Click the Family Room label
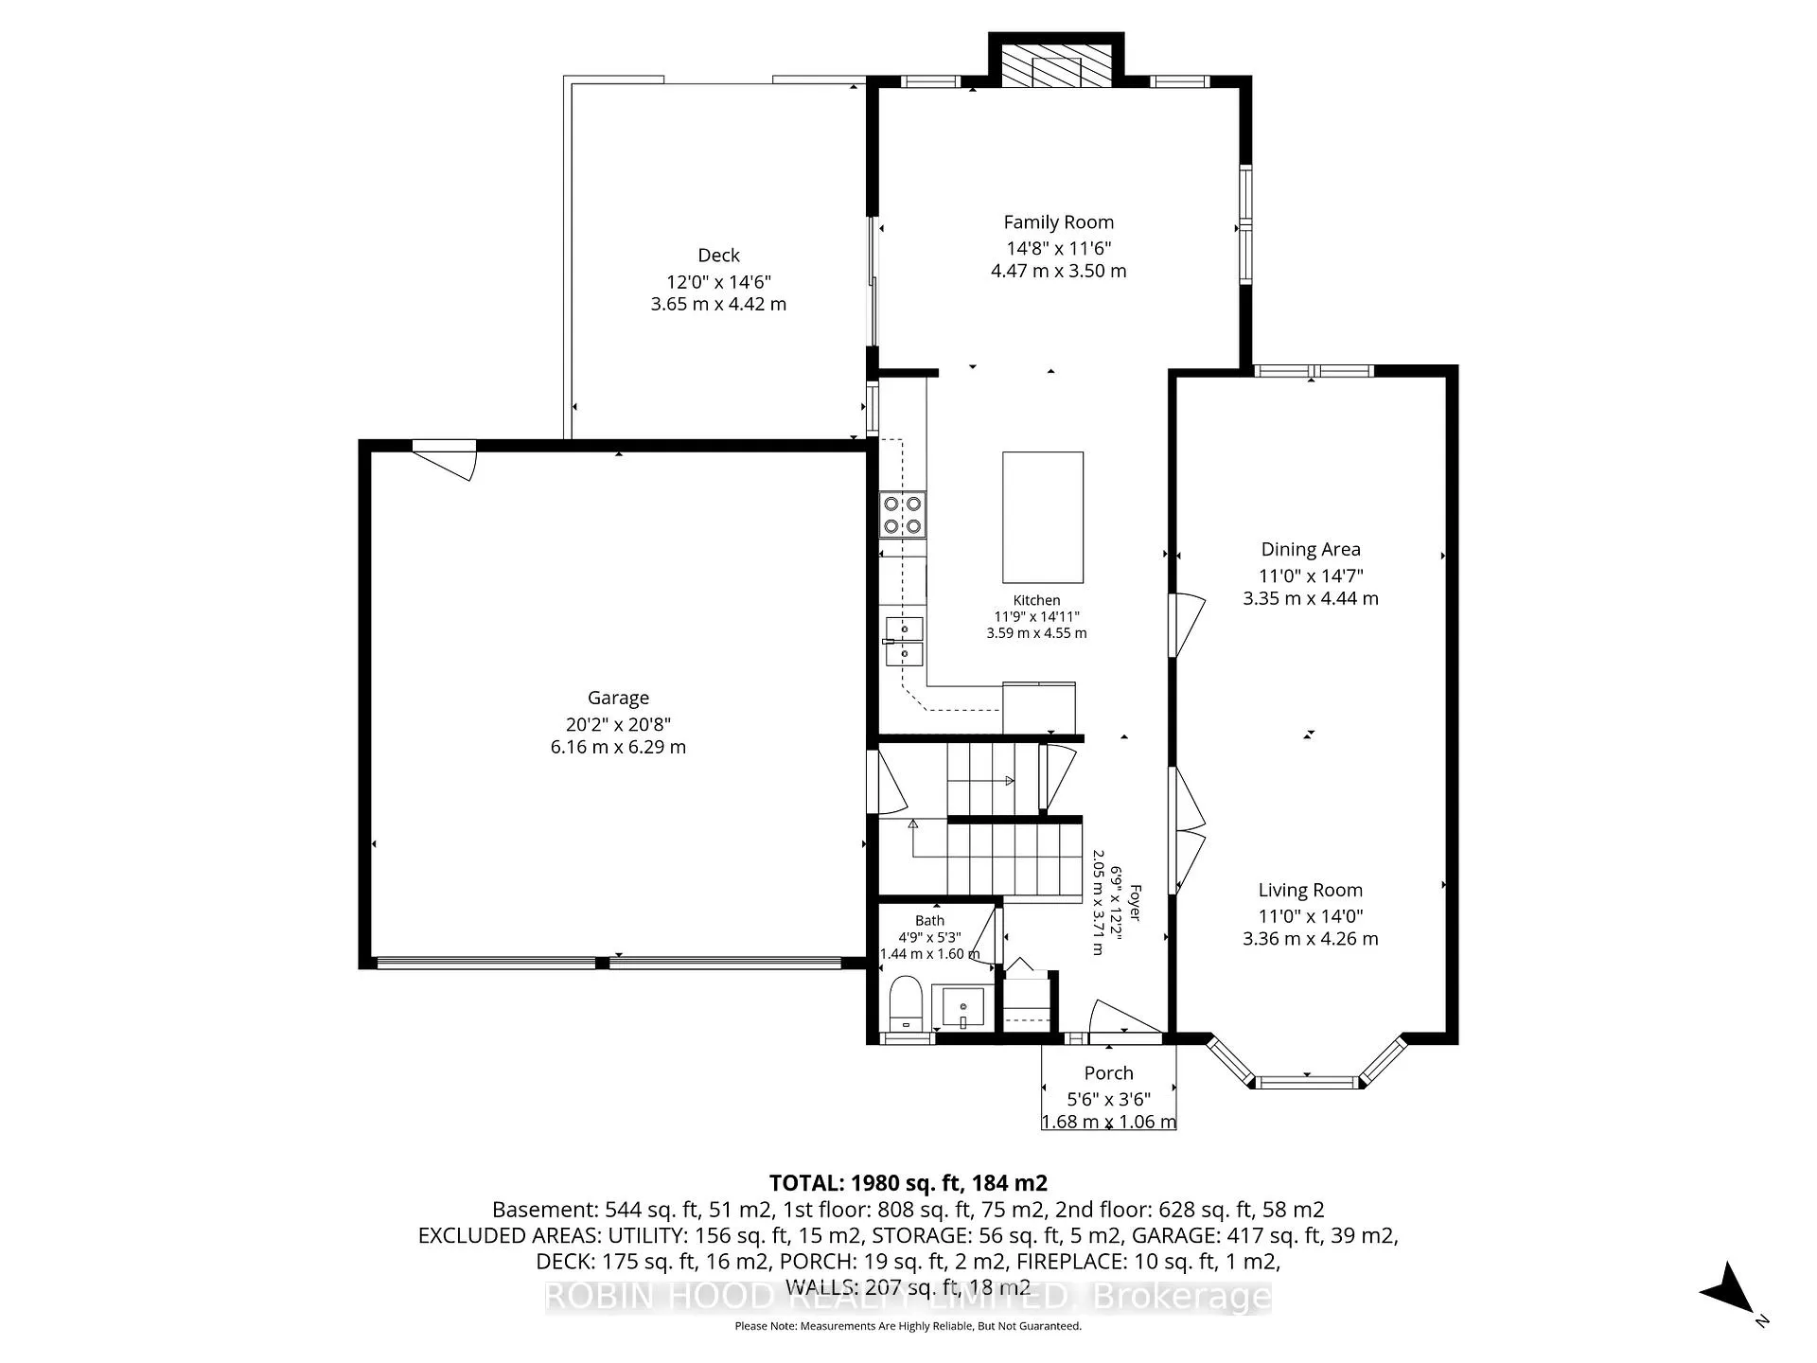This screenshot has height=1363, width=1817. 1058,222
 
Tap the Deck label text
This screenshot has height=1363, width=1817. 718,256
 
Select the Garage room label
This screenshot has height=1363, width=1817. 618,699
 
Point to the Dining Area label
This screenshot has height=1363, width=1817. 1311,549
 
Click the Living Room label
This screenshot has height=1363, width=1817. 1311,891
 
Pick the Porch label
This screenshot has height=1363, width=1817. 1109,1073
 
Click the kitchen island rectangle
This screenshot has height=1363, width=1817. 1043,517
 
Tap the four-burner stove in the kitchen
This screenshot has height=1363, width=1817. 902,515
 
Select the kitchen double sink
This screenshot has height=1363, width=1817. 905,642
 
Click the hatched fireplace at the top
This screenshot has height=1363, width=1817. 1056,66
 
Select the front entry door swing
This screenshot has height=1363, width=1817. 1123,1019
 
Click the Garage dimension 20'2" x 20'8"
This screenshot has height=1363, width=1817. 618,725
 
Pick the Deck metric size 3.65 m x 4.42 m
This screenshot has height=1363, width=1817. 718,305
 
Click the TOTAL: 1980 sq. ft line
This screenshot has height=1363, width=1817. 908,1183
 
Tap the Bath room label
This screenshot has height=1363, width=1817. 929,920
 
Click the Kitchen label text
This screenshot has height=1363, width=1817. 1036,600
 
